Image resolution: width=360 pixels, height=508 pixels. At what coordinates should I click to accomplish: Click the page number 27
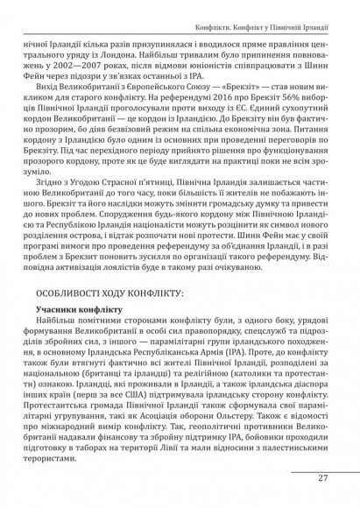click(323, 477)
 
